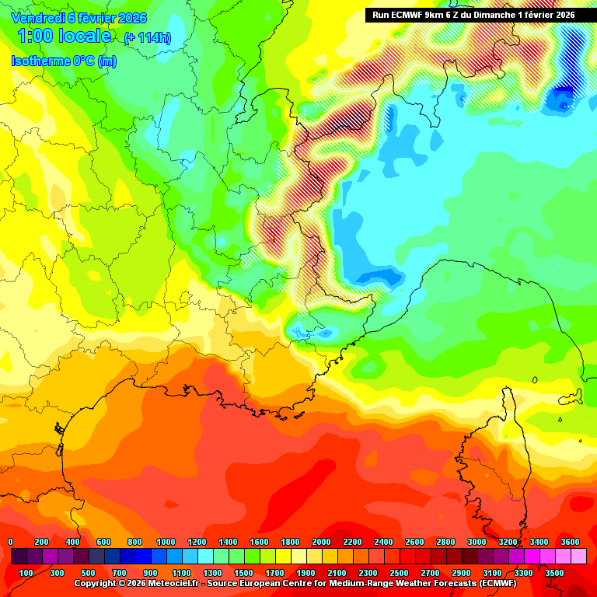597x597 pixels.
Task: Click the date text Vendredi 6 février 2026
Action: [x=79, y=18]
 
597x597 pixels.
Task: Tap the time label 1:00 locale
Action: [x=64, y=37]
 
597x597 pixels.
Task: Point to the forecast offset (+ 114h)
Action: [x=147, y=38]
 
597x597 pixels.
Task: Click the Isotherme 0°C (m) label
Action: [x=64, y=61]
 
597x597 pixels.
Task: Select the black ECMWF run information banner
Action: [x=473, y=15]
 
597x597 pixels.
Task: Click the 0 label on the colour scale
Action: [x=10, y=542]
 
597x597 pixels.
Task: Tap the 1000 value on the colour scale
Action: [x=166, y=542]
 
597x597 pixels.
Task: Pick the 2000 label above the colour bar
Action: [x=321, y=542]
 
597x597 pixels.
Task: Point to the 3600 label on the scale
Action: [x=570, y=542]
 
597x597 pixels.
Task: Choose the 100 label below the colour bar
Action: [x=26, y=573]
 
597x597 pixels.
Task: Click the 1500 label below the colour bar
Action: [x=243, y=573]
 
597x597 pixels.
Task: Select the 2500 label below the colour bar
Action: [x=399, y=573]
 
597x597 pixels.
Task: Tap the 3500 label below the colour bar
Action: [x=554, y=573]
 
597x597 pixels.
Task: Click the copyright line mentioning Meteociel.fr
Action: [x=295, y=583]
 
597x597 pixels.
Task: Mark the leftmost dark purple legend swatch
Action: [x=19, y=557]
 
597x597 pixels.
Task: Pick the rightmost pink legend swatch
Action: [x=578, y=557]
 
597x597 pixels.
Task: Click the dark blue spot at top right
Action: [x=560, y=99]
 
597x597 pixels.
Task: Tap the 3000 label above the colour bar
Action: [x=477, y=542]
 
